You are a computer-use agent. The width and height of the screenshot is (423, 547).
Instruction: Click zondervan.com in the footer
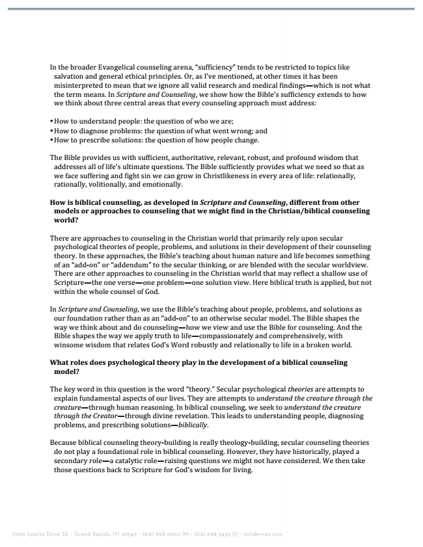(264, 535)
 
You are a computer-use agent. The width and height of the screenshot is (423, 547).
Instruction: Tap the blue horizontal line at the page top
(211, 8)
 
